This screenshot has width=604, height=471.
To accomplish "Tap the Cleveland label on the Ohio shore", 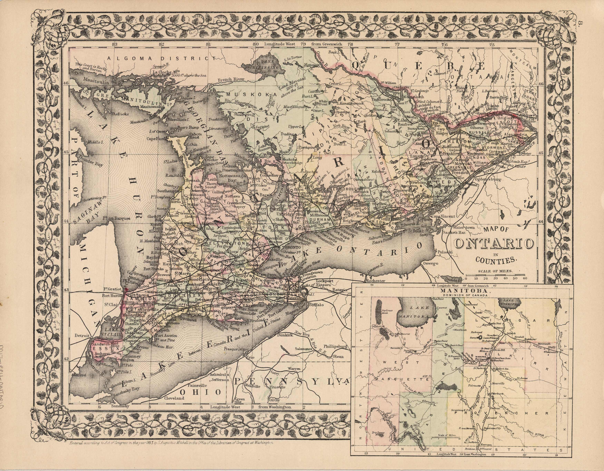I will [x=174, y=398].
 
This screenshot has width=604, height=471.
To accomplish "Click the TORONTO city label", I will [x=289, y=247].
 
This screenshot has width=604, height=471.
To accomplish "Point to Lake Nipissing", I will [x=266, y=66].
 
